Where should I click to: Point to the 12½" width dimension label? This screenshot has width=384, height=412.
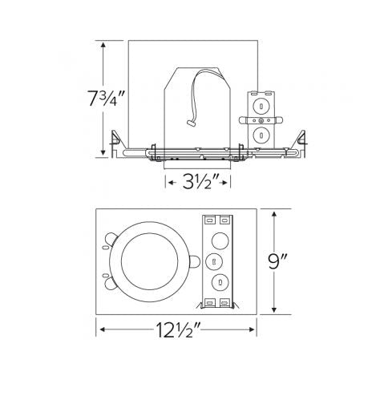point(178,329)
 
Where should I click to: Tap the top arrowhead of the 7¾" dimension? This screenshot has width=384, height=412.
point(103,43)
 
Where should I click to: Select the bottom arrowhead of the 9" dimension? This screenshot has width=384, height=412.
point(274,311)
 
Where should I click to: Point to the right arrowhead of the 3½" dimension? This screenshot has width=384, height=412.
point(229,184)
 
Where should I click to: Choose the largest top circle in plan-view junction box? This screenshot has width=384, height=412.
point(218,240)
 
